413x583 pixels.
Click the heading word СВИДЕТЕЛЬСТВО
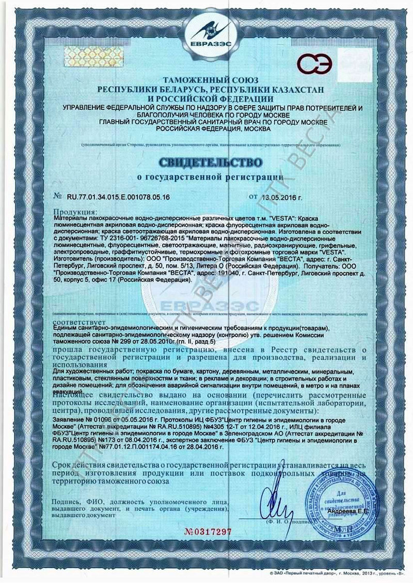point(210,162)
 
